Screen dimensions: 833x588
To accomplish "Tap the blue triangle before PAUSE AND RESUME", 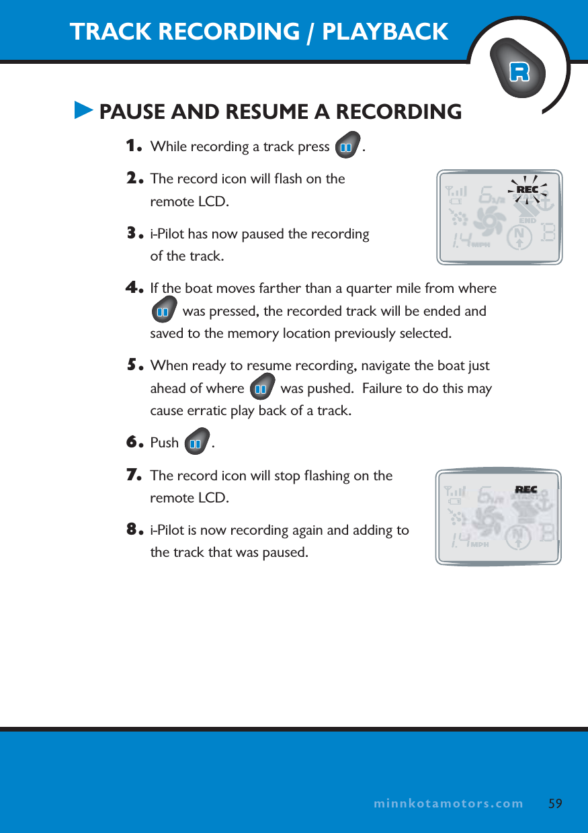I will pos(83,110).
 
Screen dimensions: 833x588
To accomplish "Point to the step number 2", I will pos(135,178).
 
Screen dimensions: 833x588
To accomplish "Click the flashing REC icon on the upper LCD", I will pos(528,190).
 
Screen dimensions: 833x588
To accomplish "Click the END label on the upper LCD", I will pos(528,220).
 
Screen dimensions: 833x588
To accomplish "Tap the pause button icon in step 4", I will pos(163,311).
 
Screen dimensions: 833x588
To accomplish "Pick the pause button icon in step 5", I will pos(261,388).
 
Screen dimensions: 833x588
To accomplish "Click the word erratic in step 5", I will pos(205,410).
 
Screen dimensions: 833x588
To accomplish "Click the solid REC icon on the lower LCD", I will pos(526,490).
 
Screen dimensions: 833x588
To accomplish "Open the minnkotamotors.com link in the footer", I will pos(448,803).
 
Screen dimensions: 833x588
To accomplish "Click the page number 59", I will pos(555,803).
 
